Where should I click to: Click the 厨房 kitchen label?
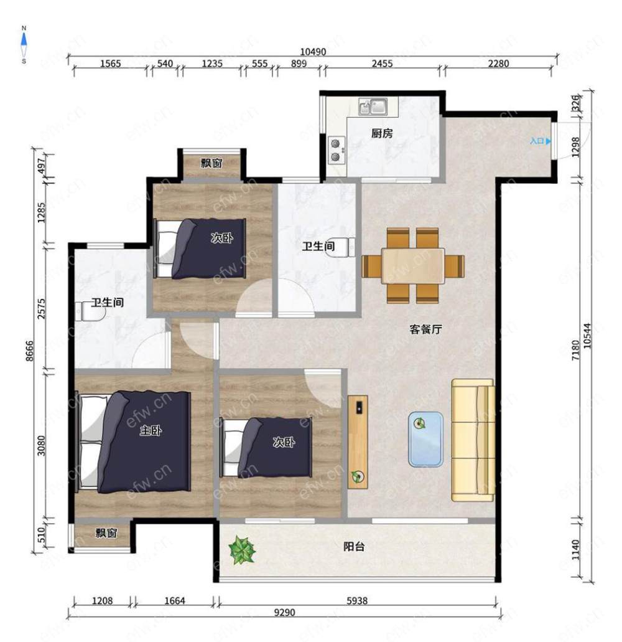pyautogui.click(x=382, y=133)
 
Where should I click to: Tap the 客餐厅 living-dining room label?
pyautogui.click(x=425, y=329)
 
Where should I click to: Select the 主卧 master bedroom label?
pyautogui.click(x=151, y=430)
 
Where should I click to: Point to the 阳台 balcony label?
pyautogui.click(x=354, y=547)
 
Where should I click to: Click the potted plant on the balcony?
pyautogui.click(x=242, y=550)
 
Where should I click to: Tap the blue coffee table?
pyautogui.click(x=425, y=439)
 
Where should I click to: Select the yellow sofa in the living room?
pyautogui.click(x=473, y=440)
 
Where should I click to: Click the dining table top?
pyautogui.click(x=413, y=266)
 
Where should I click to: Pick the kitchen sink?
pyautogui.click(x=373, y=106)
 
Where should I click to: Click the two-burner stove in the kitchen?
pyautogui.click(x=337, y=150)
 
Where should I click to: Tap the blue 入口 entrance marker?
pyautogui.click(x=541, y=141)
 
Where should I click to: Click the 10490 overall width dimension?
pyautogui.click(x=313, y=52)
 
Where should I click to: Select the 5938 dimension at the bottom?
pyautogui.click(x=357, y=601)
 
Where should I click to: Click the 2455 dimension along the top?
pyautogui.click(x=382, y=64)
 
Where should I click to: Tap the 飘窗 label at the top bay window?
pyautogui.click(x=211, y=163)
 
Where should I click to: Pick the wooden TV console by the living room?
pyautogui.click(x=358, y=441)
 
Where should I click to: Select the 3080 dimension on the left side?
pyautogui.click(x=41, y=445)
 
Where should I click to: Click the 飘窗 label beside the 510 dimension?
pyautogui.click(x=106, y=532)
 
